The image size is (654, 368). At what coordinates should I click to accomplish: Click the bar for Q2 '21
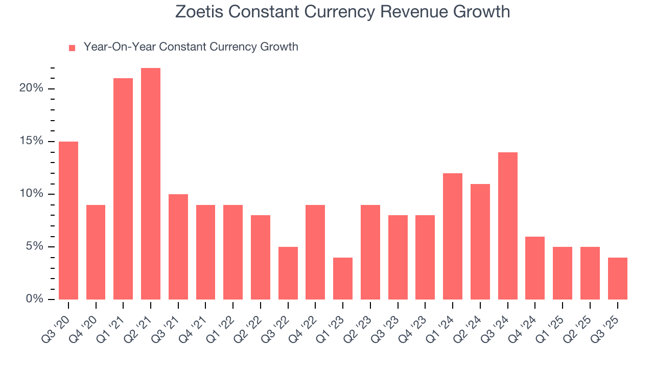tap(151, 184)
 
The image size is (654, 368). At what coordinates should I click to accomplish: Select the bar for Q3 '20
tap(68, 220)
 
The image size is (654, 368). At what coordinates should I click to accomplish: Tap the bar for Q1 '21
tap(123, 189)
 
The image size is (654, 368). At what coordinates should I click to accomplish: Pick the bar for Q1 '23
tap(343, 279)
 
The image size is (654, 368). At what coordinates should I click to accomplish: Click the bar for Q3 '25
tap(617, 279)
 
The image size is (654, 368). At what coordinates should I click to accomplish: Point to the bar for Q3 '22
tap(288, 273)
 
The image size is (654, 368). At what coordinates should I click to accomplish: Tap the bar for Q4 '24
tap(535, 268)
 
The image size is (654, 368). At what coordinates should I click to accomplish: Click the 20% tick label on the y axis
tap(31, 88)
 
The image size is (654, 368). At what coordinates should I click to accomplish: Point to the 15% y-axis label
tap(31, 141)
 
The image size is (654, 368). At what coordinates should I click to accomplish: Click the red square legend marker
tap(72, 48)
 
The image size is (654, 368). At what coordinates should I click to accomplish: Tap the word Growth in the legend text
tap(279, 47)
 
